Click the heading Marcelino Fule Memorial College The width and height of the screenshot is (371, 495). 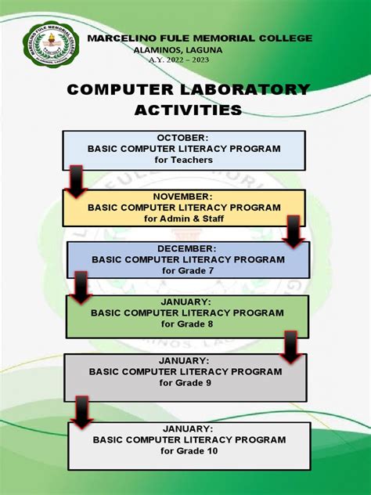(200, 38)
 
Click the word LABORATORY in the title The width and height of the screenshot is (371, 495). (243, 89)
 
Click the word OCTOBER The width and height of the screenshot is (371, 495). (185, 138)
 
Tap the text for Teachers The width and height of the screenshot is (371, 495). (185, 160)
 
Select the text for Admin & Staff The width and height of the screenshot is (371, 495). (184, 219)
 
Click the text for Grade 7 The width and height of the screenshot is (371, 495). (188, 270)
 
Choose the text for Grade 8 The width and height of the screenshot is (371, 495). (187, 323)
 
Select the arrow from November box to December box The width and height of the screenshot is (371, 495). (294, 233)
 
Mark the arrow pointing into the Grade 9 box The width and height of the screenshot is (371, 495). (290, 346)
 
